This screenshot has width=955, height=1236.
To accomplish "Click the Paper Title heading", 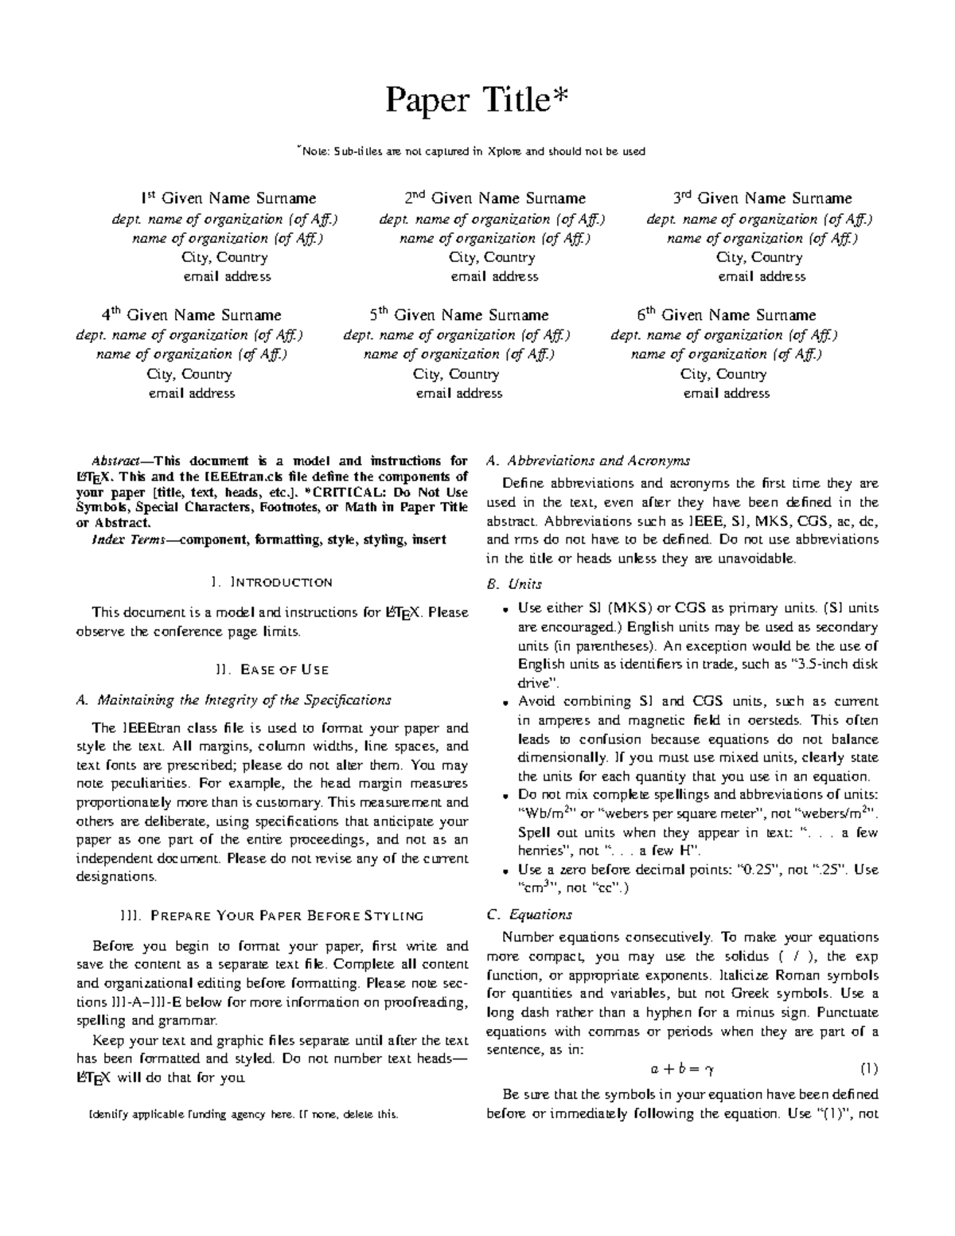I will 477,102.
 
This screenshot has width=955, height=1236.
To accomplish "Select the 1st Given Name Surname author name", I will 228,198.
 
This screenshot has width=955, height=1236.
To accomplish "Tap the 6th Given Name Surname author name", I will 727,315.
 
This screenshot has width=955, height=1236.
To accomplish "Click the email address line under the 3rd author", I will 762,277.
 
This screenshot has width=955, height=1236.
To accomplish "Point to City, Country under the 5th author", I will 459,374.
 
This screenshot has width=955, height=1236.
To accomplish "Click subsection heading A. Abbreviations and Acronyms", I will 587,461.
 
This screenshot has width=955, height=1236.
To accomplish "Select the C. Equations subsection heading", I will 528,914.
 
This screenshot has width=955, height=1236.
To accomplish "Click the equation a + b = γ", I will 682,1069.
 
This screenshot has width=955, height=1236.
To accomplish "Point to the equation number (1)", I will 869,1069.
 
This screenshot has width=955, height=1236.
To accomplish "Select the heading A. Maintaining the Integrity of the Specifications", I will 233,700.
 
